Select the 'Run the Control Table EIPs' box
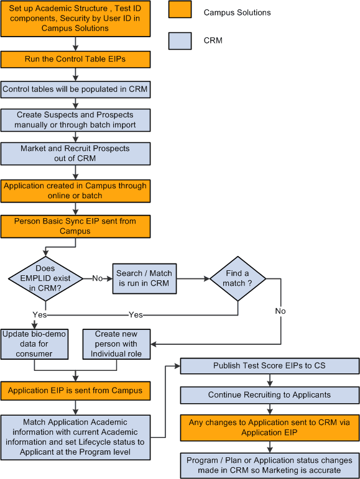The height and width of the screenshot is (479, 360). [75, 59]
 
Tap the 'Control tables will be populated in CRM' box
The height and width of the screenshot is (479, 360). [75, 89]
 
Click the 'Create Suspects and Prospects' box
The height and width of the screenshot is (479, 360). [75, 120]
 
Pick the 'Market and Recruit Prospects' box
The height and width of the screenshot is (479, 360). [75, 153]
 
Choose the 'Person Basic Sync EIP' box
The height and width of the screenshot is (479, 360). [75, 226]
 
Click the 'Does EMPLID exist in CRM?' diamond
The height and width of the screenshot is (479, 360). [45, 278]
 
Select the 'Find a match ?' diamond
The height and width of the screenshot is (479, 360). [238, 278]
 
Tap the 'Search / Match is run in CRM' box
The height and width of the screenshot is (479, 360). [144, 278]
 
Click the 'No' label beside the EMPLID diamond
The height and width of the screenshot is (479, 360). [98, 278]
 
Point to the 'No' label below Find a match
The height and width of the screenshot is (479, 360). [280, 311]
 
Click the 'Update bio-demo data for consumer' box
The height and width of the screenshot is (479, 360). [34, 344]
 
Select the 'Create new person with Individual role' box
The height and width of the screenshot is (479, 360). [116, 344]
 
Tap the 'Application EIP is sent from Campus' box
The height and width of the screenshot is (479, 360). [75, 391]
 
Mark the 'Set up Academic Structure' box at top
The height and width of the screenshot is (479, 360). [75, 19]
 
